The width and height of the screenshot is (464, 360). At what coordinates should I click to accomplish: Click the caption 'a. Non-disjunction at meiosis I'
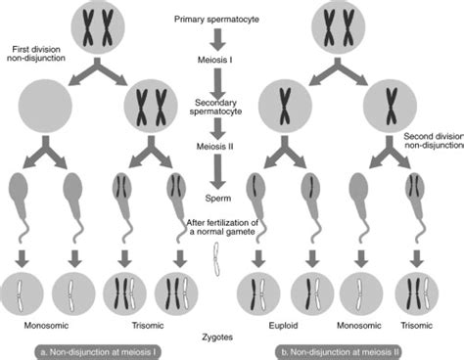88,348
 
